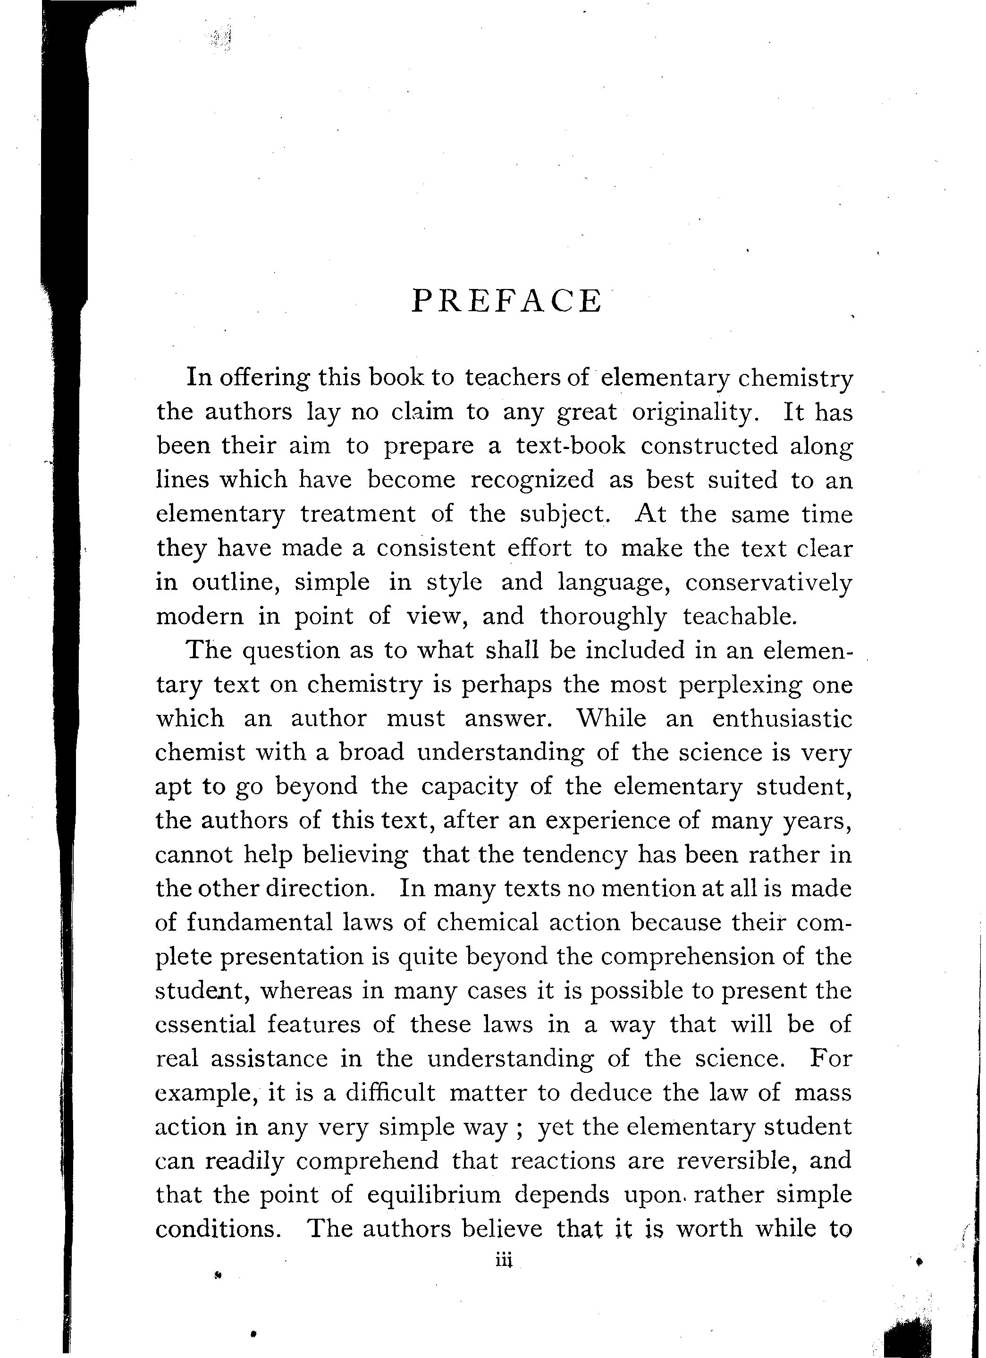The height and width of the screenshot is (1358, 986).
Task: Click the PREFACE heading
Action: tap(506, 301)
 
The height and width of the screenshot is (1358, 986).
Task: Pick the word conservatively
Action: tap(768, 582)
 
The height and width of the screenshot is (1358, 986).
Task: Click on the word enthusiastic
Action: tap(782, 719)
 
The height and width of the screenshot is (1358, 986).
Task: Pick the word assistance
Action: tap(269, 1059)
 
